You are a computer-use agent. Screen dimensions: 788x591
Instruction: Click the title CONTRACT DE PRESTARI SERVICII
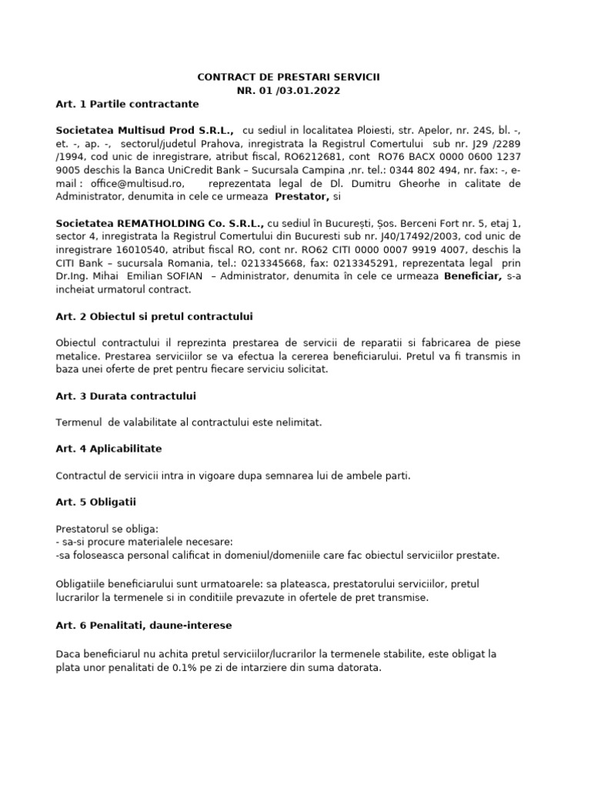(x=288, y=78)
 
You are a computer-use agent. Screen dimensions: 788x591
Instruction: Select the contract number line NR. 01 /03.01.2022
(x=288, y=91)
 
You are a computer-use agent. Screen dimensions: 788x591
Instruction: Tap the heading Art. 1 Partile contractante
(x=127, y=104)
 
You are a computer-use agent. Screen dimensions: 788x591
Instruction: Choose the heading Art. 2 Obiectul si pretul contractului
(x=154, y=316)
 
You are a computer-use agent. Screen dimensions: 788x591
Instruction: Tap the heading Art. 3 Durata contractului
(x=125, y=396)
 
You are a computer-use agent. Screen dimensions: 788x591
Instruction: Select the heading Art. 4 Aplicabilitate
(x=109, y=449)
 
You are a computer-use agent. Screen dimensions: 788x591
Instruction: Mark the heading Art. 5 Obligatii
(x=95, y=502)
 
